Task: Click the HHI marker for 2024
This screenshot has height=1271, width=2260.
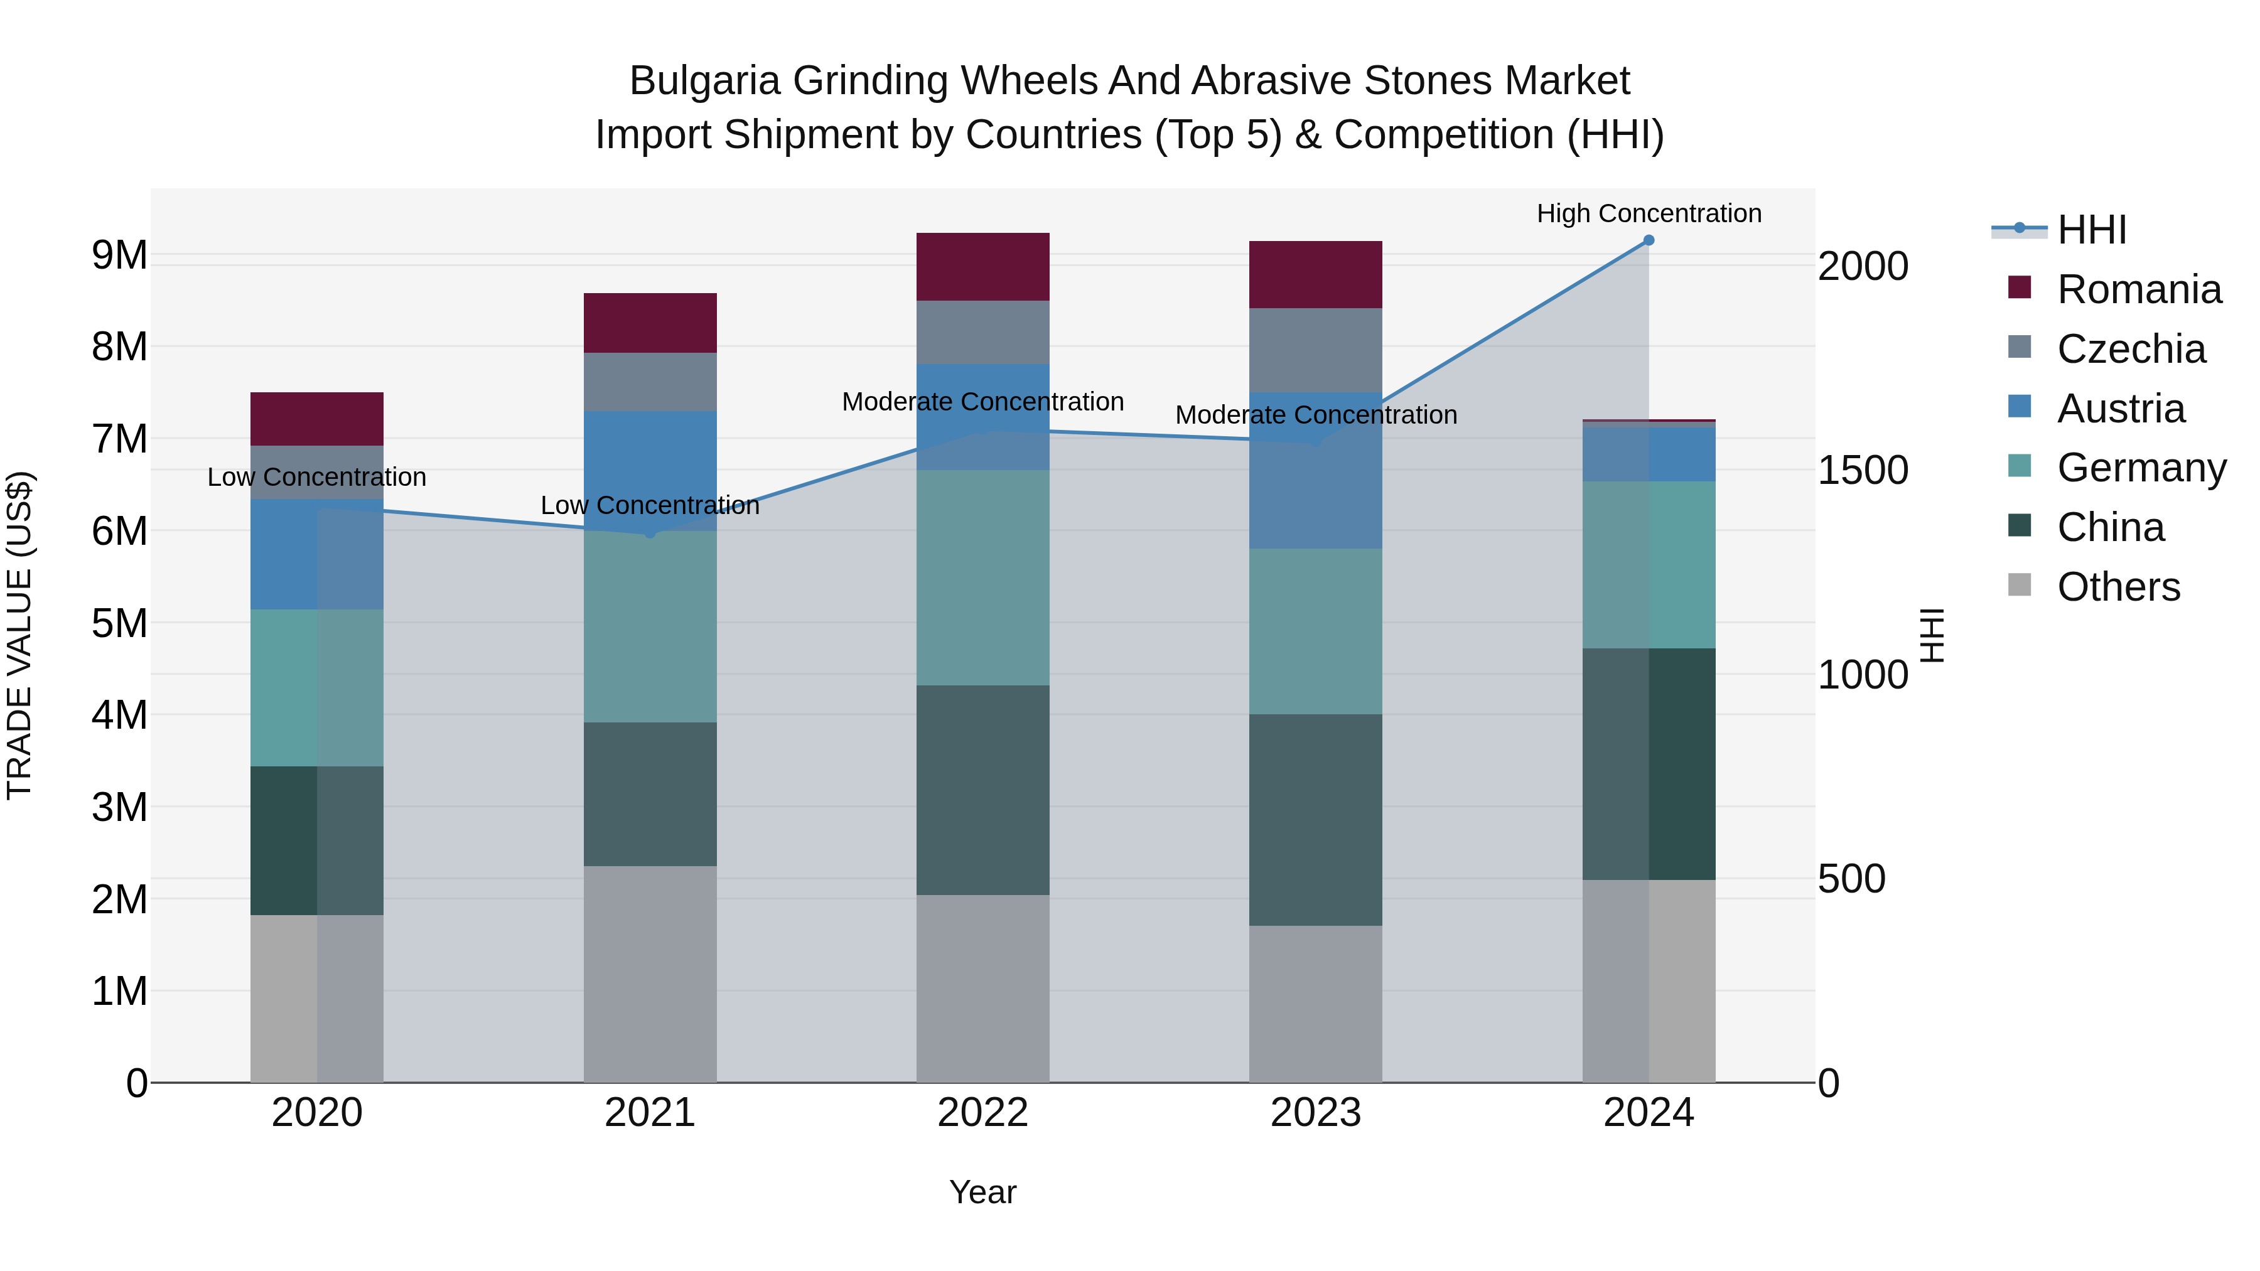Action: pyautogui.click(x=1649, y=240)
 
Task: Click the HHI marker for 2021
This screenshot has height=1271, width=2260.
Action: pyautogui.click(x=650, y=532)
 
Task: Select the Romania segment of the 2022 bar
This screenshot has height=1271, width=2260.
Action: pyautogui.click(x=982, y=267)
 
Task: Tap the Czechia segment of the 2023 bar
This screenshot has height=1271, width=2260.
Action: pyautogui.click(x=1315, y=350)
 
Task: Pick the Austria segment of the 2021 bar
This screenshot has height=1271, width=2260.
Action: pyautogui.click(x=650, y=470)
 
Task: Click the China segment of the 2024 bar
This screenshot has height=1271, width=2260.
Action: pyautogui.click(x=1649, y=763)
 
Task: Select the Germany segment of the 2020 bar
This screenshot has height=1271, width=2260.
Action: pyautogui.click(x=317, y=688)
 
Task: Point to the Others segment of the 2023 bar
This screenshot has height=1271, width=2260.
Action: pyautogui.click(x=1315, y=1004)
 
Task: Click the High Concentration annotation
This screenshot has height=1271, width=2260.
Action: pyautogui.click(x=1649, y=213)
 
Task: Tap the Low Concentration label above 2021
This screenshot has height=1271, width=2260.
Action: pyautogui.click(x=650, y=505)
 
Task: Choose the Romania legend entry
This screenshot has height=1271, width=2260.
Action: pyautogui.click(x=2138, y=289)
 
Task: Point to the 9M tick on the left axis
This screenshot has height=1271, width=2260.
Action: pyautogui.click(x=119, y=255)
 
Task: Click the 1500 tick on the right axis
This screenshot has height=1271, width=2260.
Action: pyautogui.click(x=1862, y=470)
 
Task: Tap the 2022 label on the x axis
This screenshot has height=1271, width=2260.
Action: pyautogui.click(x=982, y=1113)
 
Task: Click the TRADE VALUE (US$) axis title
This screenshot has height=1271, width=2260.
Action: pyautogui.click(x=20, y=635)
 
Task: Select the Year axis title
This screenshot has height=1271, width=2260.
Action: pyautogui.click(x=982, y=1192)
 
